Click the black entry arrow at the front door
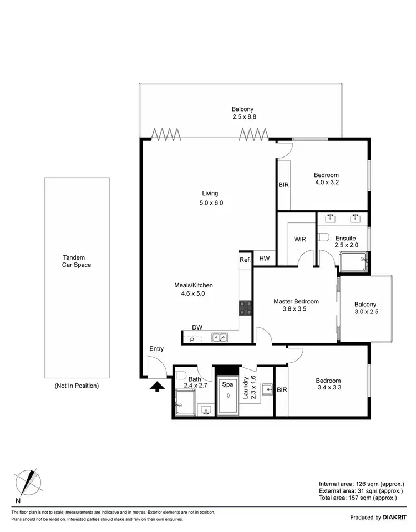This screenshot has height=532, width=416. (158, 386)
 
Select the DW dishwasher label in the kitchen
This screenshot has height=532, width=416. (197, 327)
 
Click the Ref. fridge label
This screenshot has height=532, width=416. (245, 259)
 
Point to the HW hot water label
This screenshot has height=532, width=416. (265, 259)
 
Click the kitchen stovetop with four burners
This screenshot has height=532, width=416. (245, 307)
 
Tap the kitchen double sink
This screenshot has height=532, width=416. (219, 337)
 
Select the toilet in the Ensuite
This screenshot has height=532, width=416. (324, 237)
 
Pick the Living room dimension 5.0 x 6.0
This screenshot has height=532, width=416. (211, 203)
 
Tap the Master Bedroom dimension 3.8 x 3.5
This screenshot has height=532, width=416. (296, 310)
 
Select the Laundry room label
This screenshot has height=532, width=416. (246, 386)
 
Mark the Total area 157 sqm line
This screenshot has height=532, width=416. (358, 498)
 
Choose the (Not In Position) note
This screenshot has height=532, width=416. (77, 386)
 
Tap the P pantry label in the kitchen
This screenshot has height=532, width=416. (192, 340)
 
